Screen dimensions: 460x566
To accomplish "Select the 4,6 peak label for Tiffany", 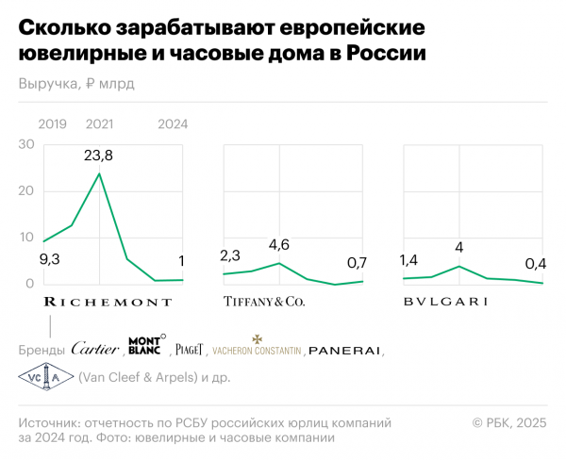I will click(x=278, y=246).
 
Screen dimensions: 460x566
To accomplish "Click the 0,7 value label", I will click(x=357, y=262).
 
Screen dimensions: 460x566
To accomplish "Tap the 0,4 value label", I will click(x=536, y=264).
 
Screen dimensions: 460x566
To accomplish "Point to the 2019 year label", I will click(x=53, y=124).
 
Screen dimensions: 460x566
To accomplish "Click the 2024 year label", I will click(x=173, y=124).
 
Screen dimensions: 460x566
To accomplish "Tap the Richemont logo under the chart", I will click(x=108, y=303).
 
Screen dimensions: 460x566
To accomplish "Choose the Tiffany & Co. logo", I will click(x=263, y=303).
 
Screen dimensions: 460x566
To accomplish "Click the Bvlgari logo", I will click(x=444, y=303).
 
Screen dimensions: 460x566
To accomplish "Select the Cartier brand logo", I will click(x=95, y=349).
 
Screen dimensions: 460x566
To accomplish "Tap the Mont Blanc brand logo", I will click(x=145, y=346).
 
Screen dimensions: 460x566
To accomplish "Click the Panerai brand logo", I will click(x=344, y=350).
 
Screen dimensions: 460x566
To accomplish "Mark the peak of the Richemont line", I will click(x=99, y=173).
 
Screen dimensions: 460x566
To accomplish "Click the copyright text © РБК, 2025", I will click(x=508, y=424).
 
